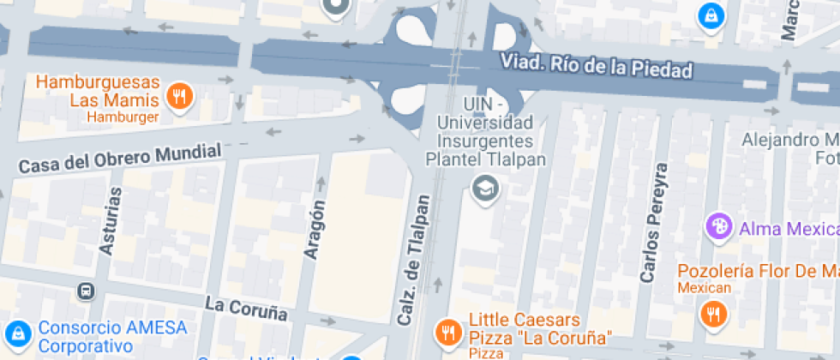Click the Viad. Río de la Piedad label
click(596, 66)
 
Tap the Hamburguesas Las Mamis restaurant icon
click(179, 96)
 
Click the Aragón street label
click(315, 229)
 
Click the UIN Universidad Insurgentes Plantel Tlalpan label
click(485, 131)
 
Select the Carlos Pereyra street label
click(652, 223)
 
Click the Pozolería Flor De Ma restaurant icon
click(712, 313)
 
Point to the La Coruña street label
click(246, 307)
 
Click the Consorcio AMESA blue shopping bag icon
click(16, 333)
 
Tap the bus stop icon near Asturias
click(86, 291)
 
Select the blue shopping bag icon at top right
click(710, 15)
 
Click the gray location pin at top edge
click(335, 8)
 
